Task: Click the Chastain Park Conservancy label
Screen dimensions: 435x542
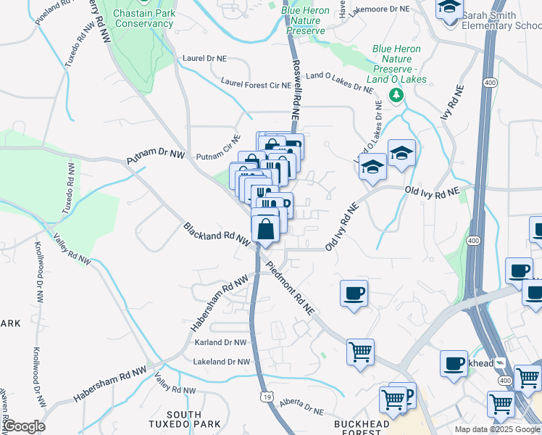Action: [143, 17]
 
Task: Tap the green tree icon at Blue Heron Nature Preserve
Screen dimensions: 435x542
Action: [396, 95]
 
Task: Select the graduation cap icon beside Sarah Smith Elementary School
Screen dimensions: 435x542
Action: [449, 9]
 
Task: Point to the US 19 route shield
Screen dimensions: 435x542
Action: [267, 397]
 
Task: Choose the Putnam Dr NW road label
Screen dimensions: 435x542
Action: [156, 155]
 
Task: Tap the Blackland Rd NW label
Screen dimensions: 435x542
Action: [217, 241]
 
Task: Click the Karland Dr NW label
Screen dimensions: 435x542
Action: [220, 341]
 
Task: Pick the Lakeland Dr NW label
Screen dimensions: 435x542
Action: [221, 361]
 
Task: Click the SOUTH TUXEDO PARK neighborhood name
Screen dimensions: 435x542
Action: [174, 418]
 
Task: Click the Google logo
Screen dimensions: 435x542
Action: [24, 426]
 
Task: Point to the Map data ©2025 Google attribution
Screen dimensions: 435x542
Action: [497, 429]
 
